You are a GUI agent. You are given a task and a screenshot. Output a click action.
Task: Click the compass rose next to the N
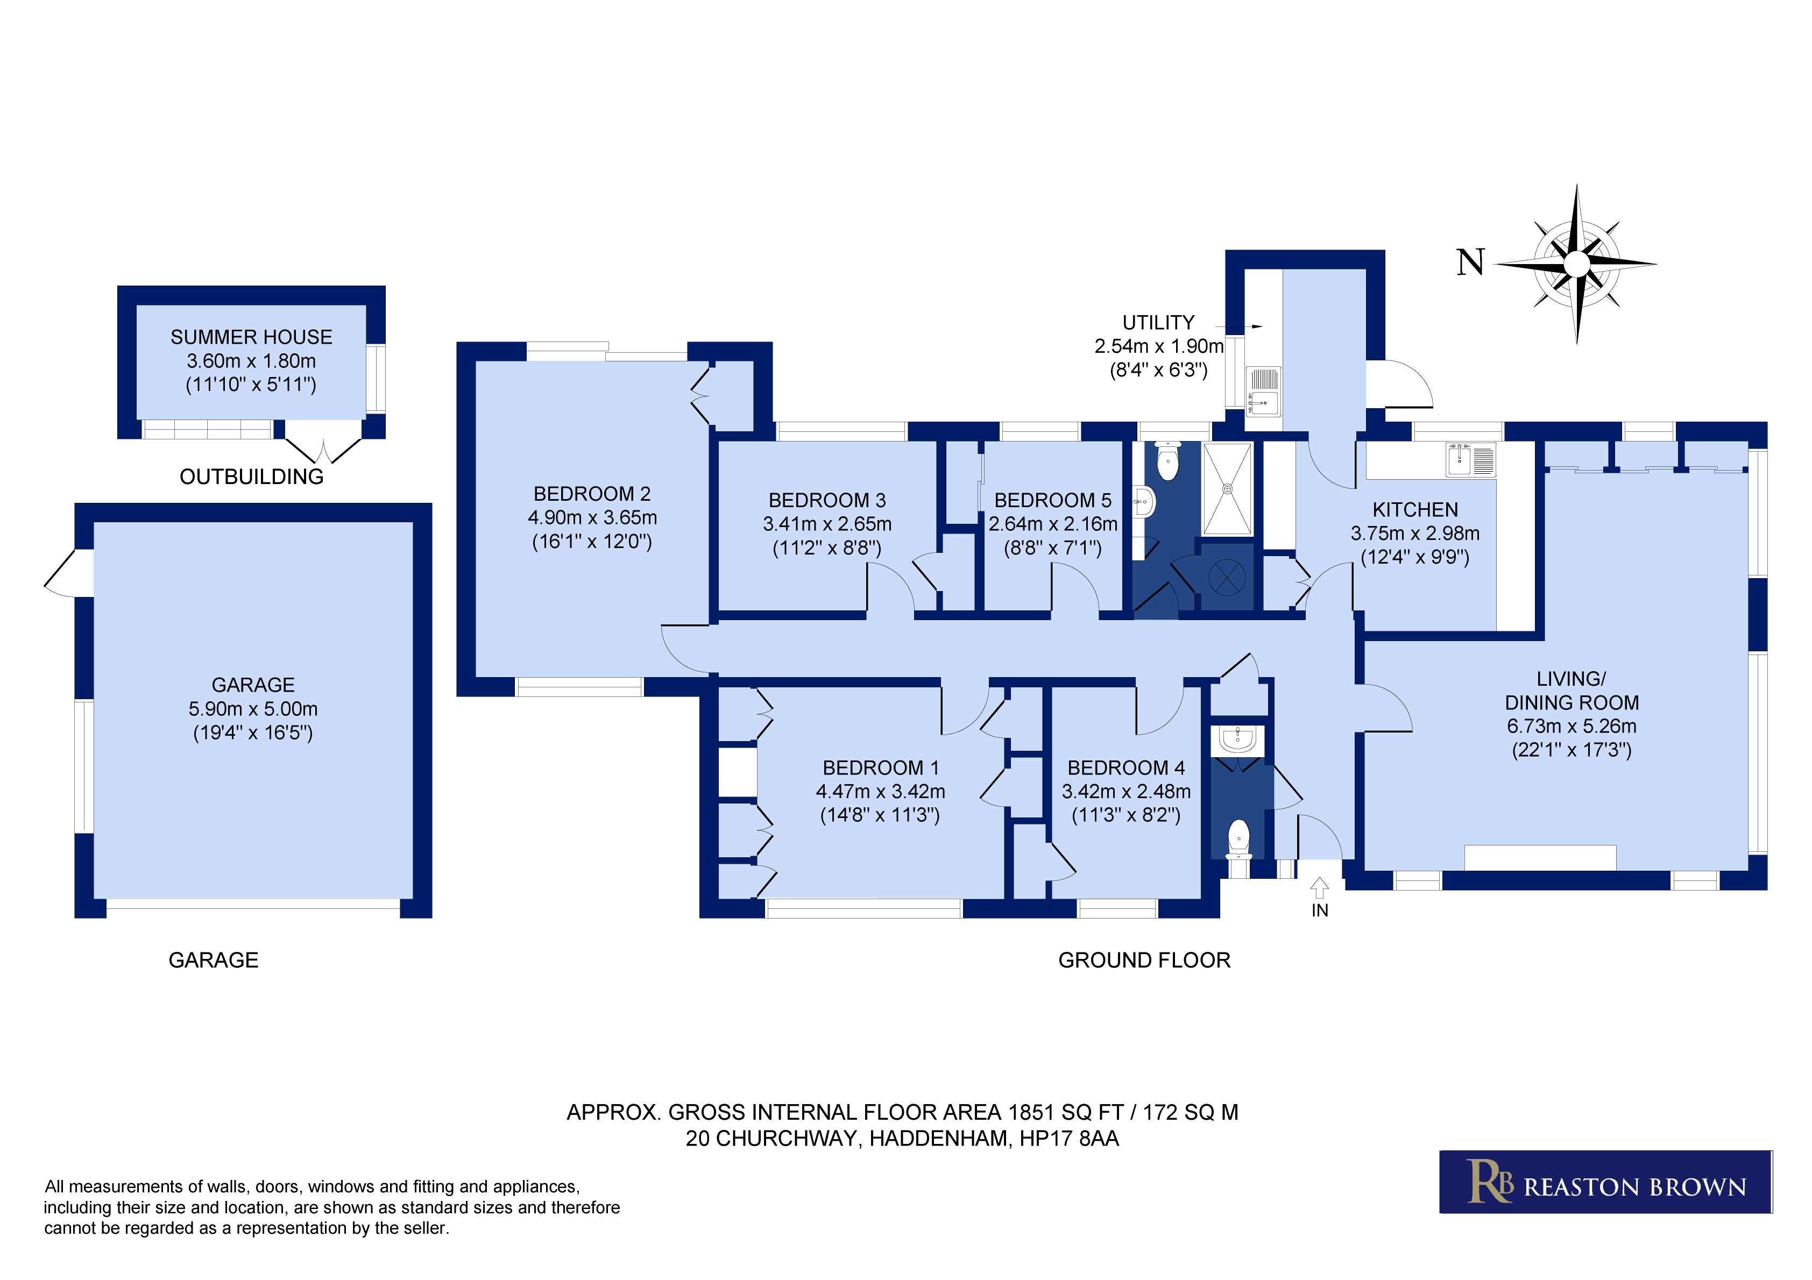tap(1576, 264)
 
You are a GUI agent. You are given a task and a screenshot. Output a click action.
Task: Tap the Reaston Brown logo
tap(1605, 1182)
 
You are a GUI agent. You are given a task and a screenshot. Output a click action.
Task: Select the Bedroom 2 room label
tap(592, 494)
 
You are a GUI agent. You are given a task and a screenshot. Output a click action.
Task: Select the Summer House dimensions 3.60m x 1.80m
tap(251, 361)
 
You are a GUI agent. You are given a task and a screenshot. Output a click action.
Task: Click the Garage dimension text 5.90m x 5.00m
tap(253, 709)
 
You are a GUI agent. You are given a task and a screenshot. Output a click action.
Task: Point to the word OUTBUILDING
tap(252, 477)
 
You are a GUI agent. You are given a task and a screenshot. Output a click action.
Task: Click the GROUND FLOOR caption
tap(1144, 961)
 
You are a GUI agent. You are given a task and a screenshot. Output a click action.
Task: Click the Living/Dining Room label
tap(1572, 691)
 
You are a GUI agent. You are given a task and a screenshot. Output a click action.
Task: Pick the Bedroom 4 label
tap(1126, 768)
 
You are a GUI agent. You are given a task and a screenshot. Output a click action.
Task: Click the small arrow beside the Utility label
tap(1238, 326)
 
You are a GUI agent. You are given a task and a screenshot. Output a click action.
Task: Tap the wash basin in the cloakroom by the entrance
tap(1237, 740)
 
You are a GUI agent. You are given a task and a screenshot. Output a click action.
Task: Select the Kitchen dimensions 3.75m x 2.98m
tap(1415, 534)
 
